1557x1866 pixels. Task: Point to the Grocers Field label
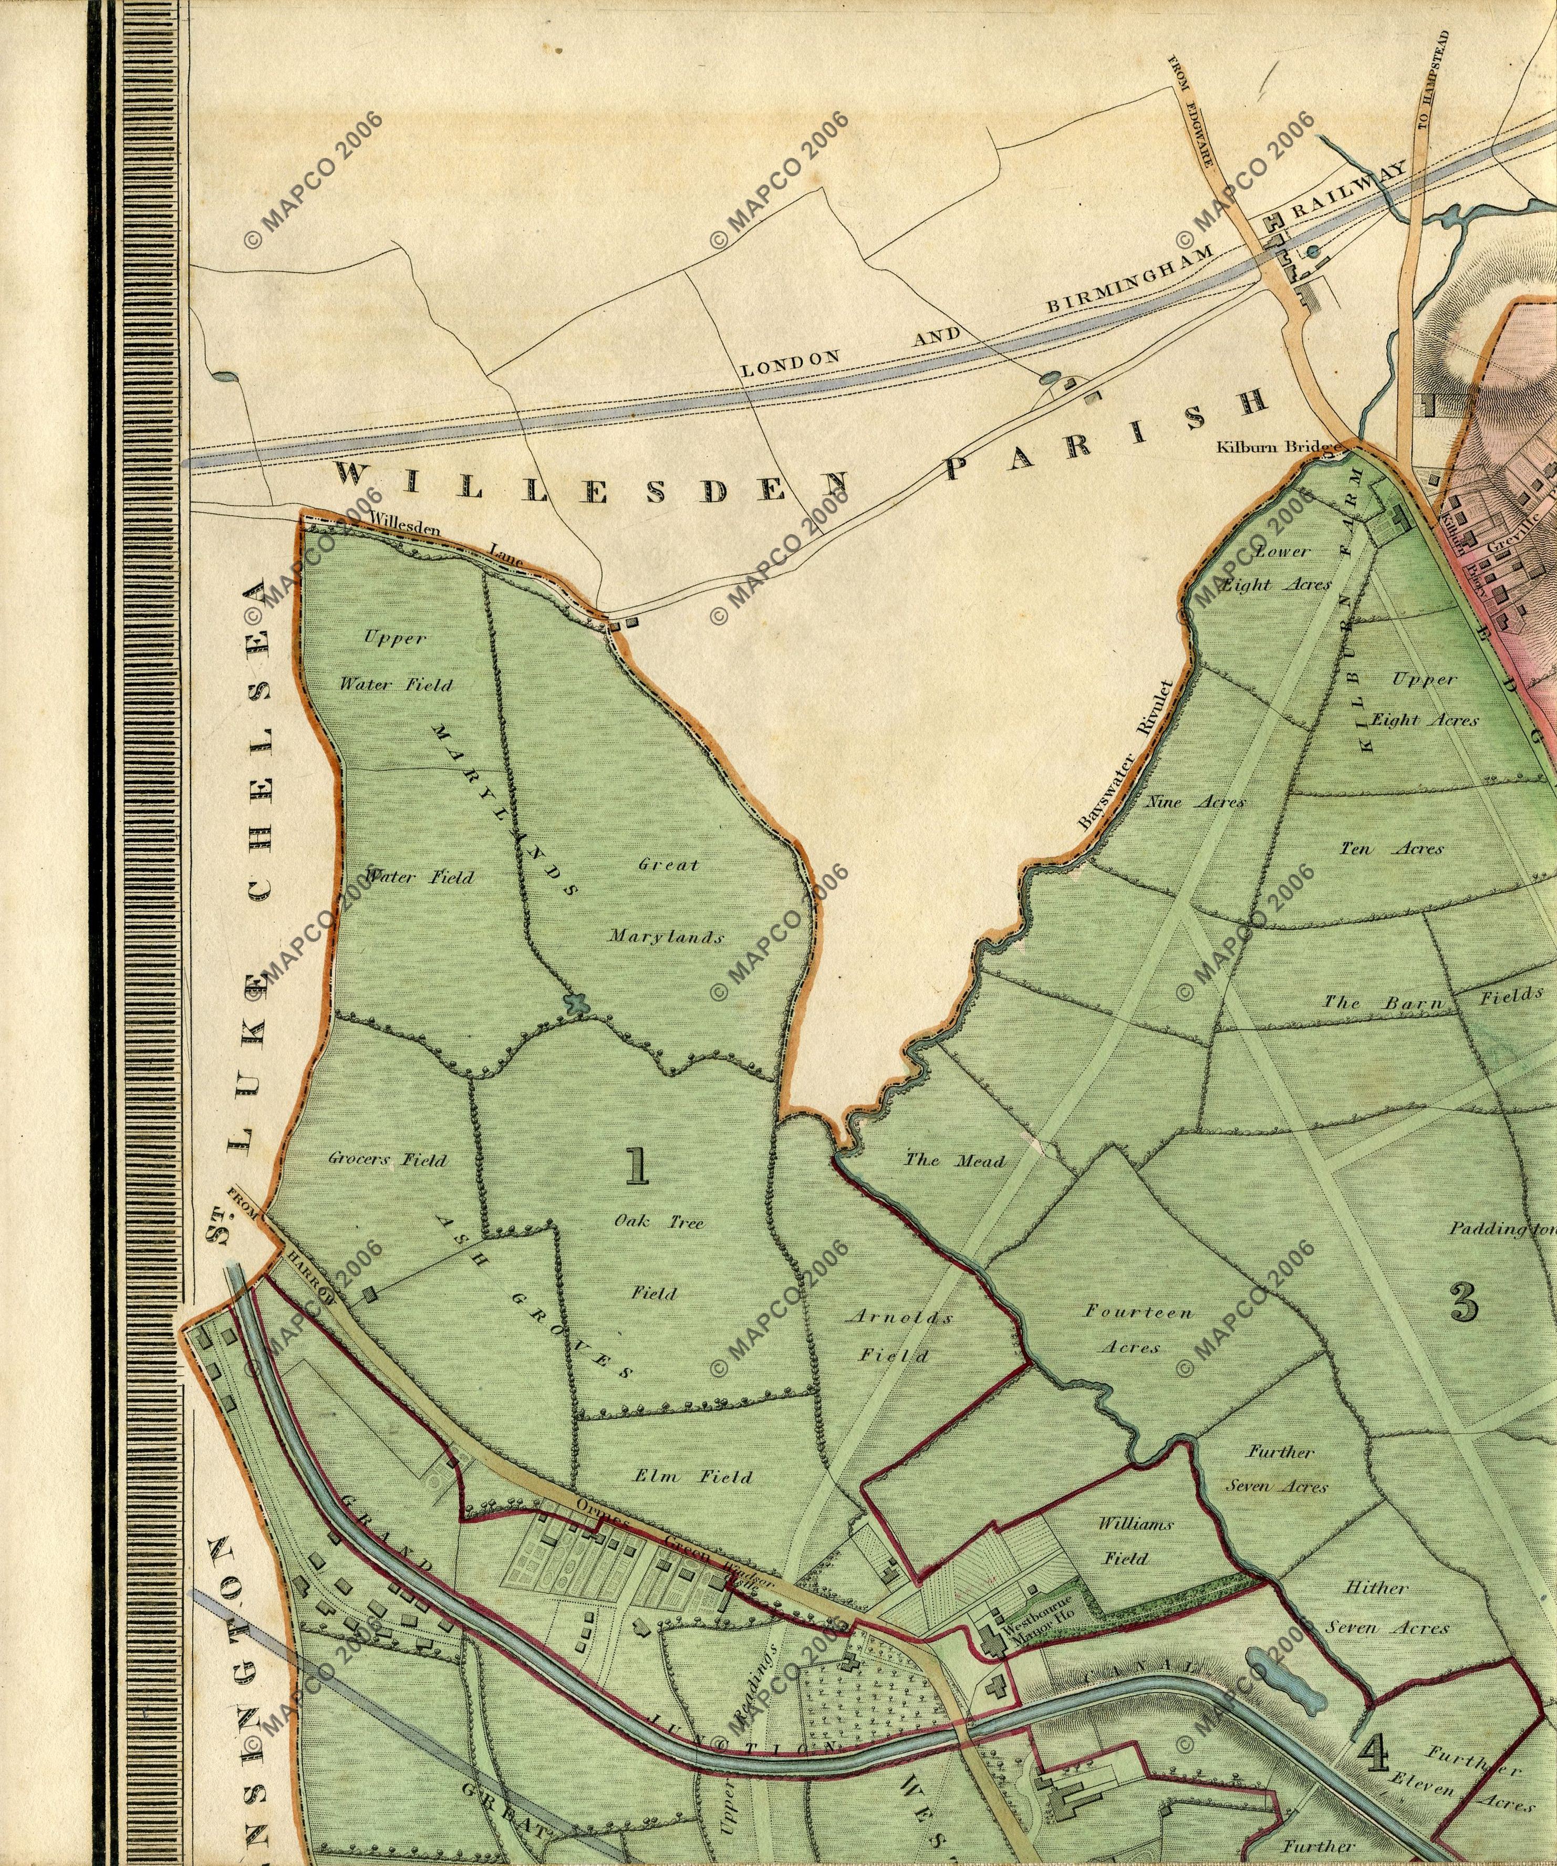point(388,1159)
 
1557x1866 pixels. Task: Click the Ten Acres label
point(1392,848)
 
